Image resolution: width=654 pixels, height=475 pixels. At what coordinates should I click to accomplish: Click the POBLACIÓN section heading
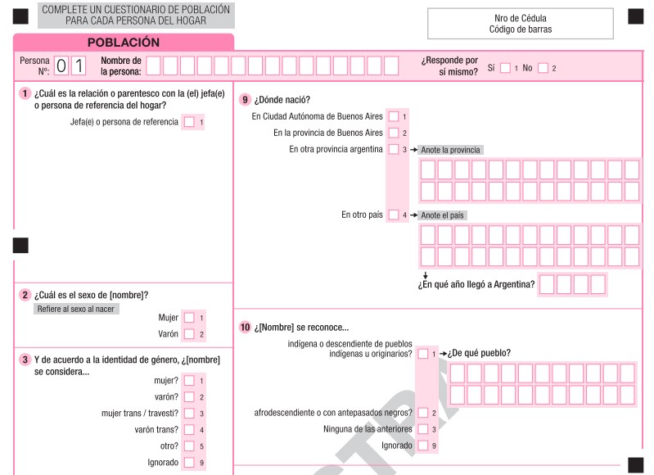(123, 43)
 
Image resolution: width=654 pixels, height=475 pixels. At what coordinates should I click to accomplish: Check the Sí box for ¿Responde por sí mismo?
(505, 68)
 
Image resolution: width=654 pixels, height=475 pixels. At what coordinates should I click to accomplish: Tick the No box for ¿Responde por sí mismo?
(542, 68)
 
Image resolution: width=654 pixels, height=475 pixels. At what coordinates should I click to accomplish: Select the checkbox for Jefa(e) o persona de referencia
(190, 122)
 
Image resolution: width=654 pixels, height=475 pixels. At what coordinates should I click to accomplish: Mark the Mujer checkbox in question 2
(190, 318)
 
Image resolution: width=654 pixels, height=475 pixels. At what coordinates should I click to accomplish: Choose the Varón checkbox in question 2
(190, 334)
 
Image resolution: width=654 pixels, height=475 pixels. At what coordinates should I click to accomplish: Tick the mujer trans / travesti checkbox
(190, 414)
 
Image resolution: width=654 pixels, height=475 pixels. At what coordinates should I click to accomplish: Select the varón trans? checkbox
(190, 430)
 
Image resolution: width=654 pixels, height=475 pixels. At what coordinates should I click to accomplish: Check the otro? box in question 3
(190, 446)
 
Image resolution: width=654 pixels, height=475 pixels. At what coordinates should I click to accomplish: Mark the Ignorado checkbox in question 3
(190, 463)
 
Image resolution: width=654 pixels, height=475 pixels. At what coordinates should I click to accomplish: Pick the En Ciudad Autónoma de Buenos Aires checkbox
(394, 116)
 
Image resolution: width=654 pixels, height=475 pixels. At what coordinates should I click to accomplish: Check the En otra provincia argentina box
(394, 150)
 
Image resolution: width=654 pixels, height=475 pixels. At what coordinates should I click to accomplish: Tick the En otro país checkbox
(394, 215)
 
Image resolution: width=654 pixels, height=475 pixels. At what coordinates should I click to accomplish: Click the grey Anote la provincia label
(450, 150)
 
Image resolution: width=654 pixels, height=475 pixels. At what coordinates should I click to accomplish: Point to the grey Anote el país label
(442, 215)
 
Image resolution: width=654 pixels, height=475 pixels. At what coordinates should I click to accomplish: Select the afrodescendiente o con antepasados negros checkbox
(422, 413)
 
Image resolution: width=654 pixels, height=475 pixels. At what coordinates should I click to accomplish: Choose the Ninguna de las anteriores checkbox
(422, 429)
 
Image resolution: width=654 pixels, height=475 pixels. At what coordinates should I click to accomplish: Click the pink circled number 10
(245, 328)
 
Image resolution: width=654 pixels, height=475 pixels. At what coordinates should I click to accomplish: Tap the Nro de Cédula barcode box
(520, 24)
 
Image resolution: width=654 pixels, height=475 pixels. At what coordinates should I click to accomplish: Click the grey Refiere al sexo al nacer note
(76, 309)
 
